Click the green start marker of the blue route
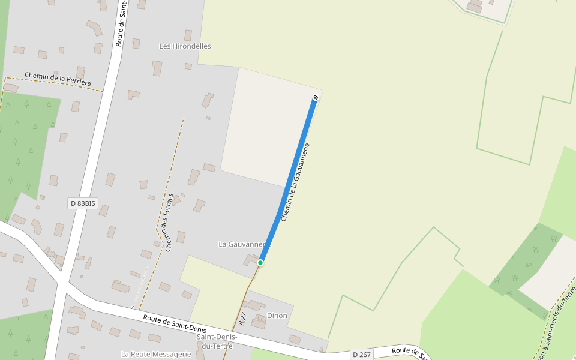(260, 263)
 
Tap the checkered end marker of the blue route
(316, 97)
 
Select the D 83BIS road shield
(83, 203)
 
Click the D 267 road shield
(362, 355)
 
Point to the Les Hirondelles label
(185, 46)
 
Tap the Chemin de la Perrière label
(58, 79)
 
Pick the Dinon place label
(277, 316)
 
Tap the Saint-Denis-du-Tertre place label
(217, 341)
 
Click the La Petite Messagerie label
(156, 354)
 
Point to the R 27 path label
(242, 319)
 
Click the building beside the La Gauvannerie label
(250, 259)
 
